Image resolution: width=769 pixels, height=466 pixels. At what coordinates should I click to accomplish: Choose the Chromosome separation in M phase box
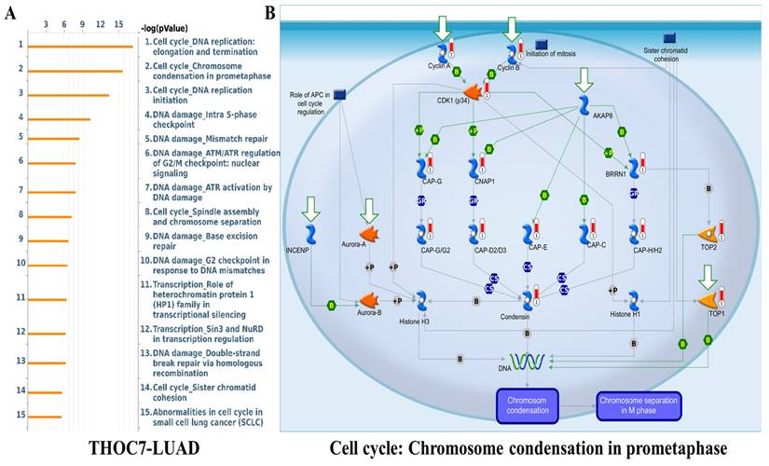[x=638, y=405]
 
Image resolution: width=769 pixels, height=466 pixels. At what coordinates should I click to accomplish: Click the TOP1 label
[x=716, y=314]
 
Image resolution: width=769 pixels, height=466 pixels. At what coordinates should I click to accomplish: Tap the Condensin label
[x=529, y=316]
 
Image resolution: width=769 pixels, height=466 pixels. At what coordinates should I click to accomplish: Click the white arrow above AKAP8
[x=584, y=80]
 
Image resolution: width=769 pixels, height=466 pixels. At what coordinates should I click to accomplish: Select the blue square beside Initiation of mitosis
[x=542, y=44]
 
